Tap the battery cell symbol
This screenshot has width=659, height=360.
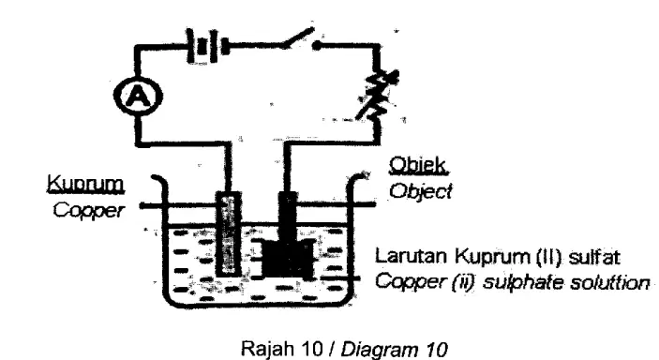[x=207, y=45]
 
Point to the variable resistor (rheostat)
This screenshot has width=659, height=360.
[x=379, y=96]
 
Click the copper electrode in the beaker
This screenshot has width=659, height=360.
[x=229, y=233]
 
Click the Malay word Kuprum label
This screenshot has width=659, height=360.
[x=85, y=184]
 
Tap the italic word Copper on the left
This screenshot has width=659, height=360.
[x=89, y=210]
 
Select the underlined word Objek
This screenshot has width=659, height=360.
[x=418, y=165]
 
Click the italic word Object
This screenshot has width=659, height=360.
[x=420, y=192]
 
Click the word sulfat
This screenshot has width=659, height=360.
[x=594, y=256]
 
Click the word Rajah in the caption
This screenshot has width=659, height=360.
[x=268, y=348]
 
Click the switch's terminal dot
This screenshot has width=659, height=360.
[x=318, y=45]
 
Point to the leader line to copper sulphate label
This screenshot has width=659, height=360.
[x=339, y=278]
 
